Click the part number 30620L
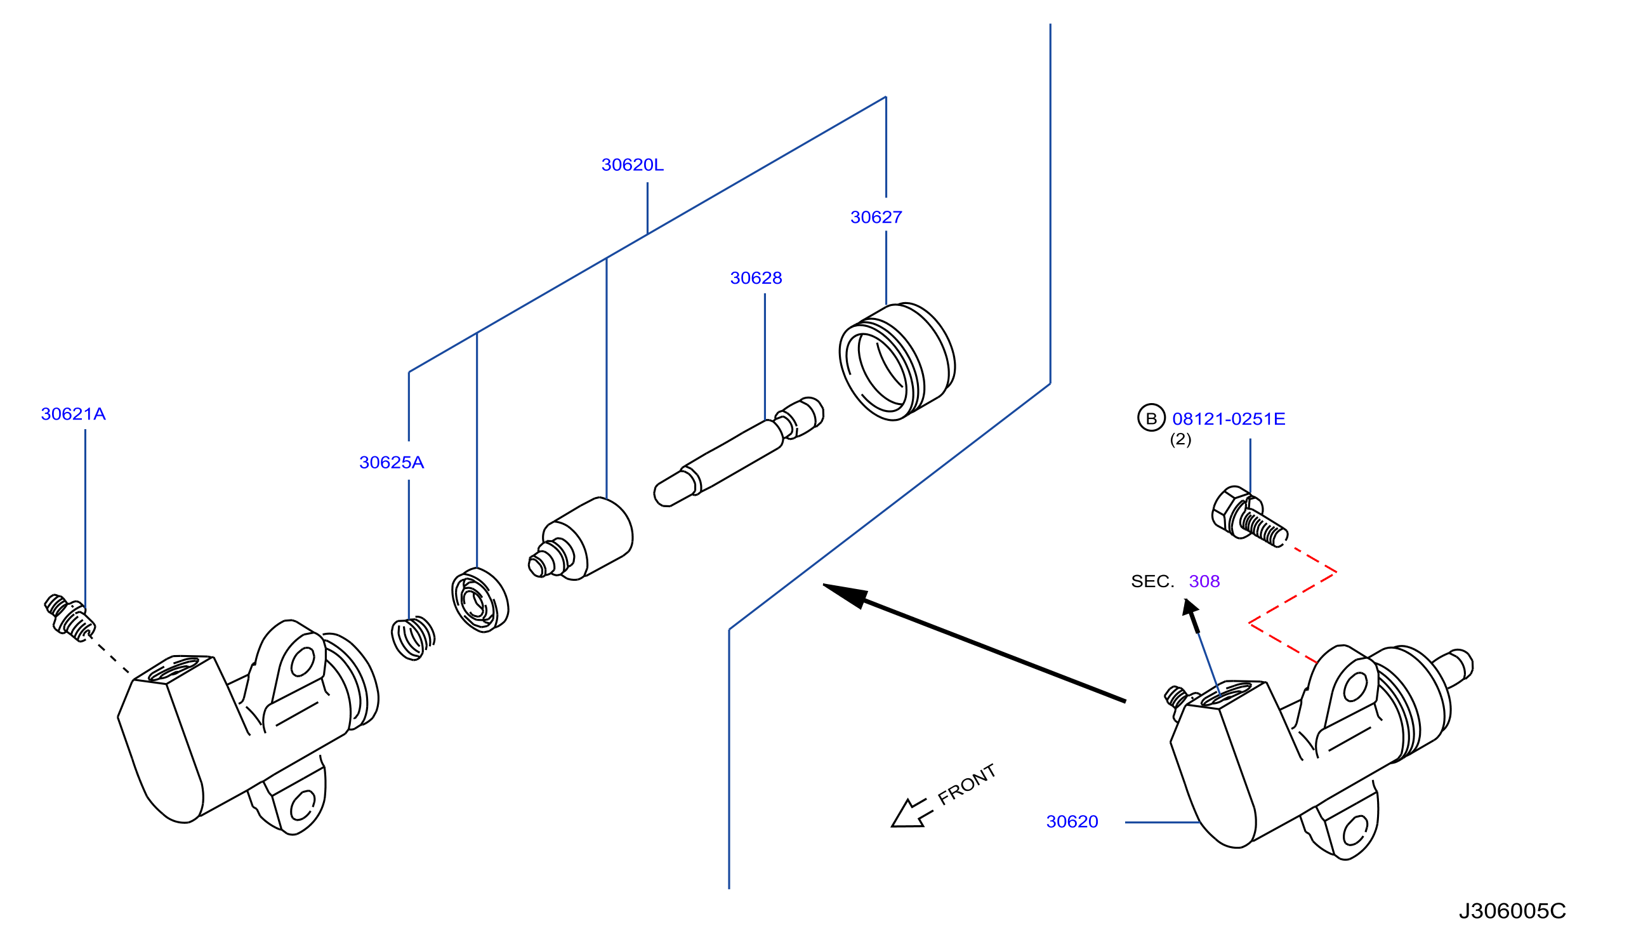click(x=632, y=165)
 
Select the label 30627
click(x=876, y=217)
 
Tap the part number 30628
click(x=756, y=278)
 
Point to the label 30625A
click(x=391, y=462)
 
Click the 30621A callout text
click(x=73, y=414)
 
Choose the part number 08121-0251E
click(x=1228, y=419)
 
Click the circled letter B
click(x=1151, y=418)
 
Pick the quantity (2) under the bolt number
click(x=1180, y=440)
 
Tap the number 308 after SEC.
click(x=1204, y=581)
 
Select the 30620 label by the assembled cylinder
click(x=1072, y=822)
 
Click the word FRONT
click(x=966, y=784)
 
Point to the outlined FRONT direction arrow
click(x=911, y=813)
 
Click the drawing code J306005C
click(x=1512, y=911)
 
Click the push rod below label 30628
click(x=738, y=453)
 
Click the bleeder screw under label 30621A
click(x=70, y=618)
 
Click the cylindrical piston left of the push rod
click(x=581, y=538)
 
